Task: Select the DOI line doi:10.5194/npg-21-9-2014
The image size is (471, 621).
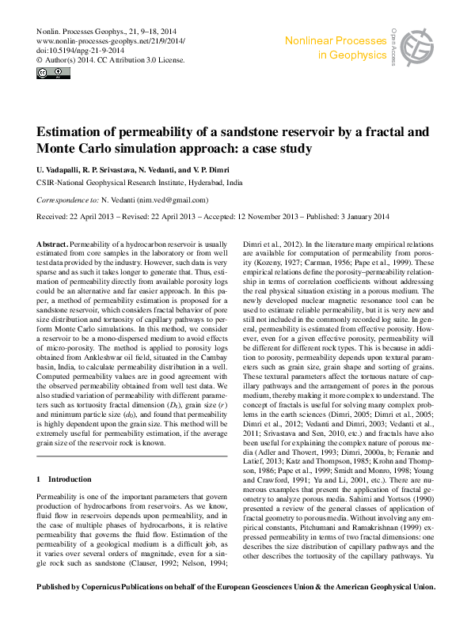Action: click(78, 49)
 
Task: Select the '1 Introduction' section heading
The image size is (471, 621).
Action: click(64, 479)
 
